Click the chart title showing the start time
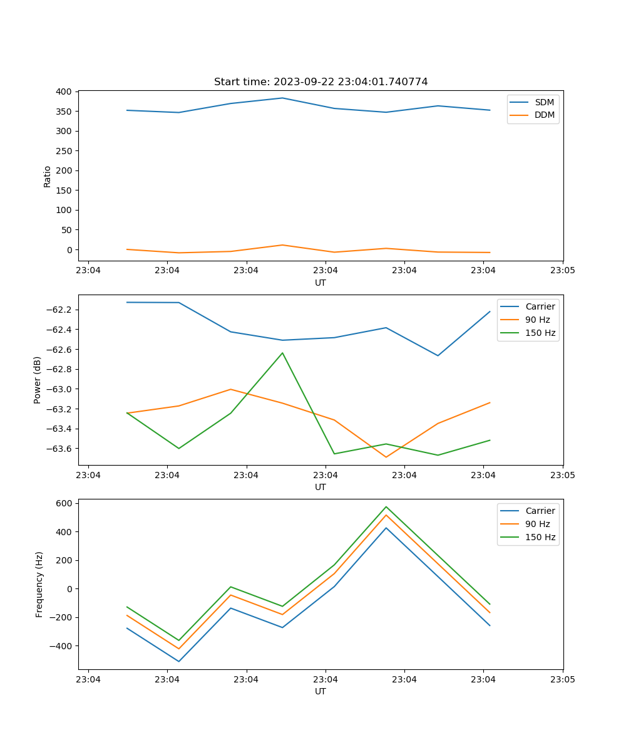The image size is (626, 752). coord(321,82)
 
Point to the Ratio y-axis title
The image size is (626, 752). coord(48,176)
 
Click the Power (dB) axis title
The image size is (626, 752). coord(38,380)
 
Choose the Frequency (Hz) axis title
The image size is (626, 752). coord(39,584)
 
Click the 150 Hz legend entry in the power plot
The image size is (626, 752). coord(540,333)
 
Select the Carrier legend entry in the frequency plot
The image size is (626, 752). coord(540,511)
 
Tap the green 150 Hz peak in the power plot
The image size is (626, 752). coord(282,353)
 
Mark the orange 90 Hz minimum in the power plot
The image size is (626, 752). coord(386,457)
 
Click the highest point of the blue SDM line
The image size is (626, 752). coord(282,98)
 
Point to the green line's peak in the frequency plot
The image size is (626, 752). coord(386,506)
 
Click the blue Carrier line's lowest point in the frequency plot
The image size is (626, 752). coord(179,661)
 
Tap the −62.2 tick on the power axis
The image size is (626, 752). coord(61,310)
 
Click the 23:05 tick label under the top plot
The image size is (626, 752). coord(562,271)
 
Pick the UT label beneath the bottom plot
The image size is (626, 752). coord(321,691)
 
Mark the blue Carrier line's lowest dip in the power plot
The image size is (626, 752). coord(438,355)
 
